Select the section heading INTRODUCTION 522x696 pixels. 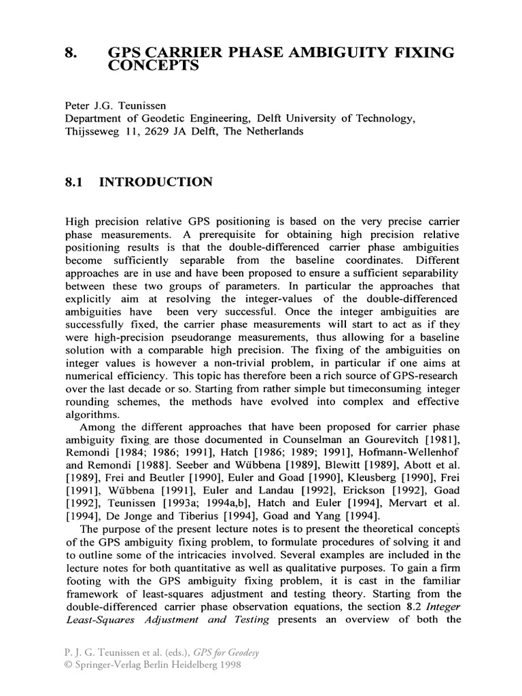[156, 182]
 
